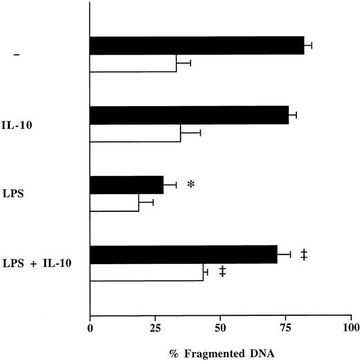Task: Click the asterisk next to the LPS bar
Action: (x=191, y=186)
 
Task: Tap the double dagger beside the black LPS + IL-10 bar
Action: (x=303, y=255)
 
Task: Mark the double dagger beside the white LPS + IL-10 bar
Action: (x=222, y=272)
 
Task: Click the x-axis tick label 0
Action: (x=90, y=326)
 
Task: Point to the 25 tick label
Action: (x=156, y=326)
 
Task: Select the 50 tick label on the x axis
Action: (x=221, y=326)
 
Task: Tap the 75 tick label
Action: (x=285, y=326)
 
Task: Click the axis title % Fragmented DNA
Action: (x=220, y=352)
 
